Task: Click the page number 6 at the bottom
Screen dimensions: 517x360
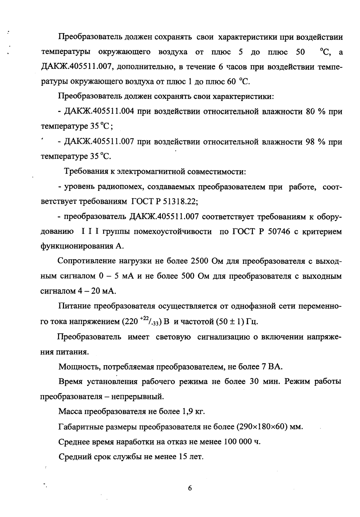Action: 190,488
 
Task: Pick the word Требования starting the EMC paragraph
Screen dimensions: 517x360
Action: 85,172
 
